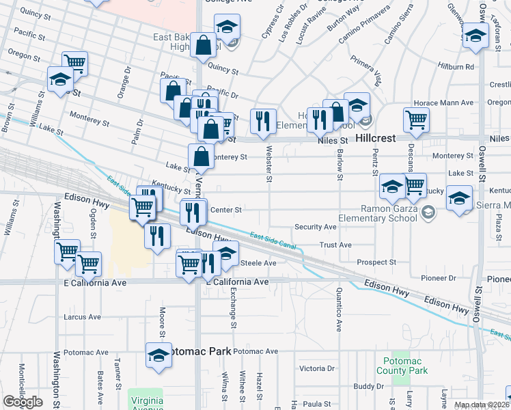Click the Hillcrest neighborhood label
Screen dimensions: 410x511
(x=376, y=137)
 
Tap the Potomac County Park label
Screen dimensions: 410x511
(x=402, y=366)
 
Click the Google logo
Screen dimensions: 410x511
(x=23, y=402)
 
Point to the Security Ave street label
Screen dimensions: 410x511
(x=315, y=227)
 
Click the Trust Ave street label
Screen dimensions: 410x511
(x=335, y=245)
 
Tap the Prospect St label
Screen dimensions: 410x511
(x=376, y=262)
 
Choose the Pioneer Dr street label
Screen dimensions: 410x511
(x=439, y=278)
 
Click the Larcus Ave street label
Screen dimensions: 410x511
(x=82, y=317)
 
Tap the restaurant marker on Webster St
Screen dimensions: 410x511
(x=263, y=121)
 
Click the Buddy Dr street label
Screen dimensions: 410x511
(x=369, y=386)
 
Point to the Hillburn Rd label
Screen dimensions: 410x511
(x=456, y=67)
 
